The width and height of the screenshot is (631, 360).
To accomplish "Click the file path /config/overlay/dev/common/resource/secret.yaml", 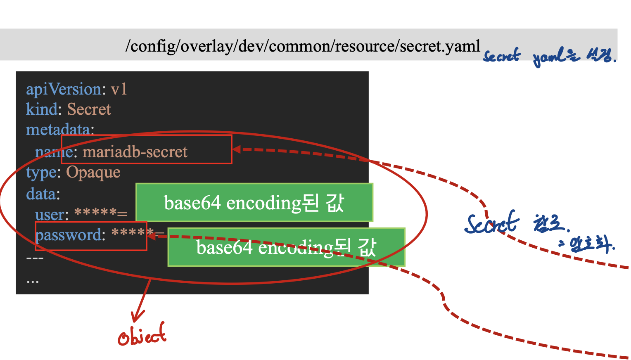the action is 303,46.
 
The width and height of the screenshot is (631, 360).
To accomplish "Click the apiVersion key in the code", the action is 64,89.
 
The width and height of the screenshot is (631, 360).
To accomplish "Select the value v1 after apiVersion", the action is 119,89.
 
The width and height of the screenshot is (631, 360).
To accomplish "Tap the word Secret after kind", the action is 89,109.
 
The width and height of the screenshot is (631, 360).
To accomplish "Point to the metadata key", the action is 59,130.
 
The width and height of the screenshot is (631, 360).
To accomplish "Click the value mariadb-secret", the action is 135,152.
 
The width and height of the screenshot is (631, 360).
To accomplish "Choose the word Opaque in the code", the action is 93,172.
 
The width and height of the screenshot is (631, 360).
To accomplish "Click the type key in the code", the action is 42,173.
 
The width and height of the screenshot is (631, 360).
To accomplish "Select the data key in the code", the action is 43,194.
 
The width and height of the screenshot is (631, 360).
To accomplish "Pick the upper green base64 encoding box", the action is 254,203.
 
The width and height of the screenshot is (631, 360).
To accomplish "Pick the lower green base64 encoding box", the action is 286,247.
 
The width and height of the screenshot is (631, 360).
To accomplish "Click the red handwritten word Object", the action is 142,336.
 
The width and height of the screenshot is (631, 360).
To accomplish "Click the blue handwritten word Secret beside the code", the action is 492,223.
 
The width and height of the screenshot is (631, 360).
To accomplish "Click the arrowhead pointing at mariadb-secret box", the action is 237,149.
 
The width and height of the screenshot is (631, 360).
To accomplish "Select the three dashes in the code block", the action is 35,259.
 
